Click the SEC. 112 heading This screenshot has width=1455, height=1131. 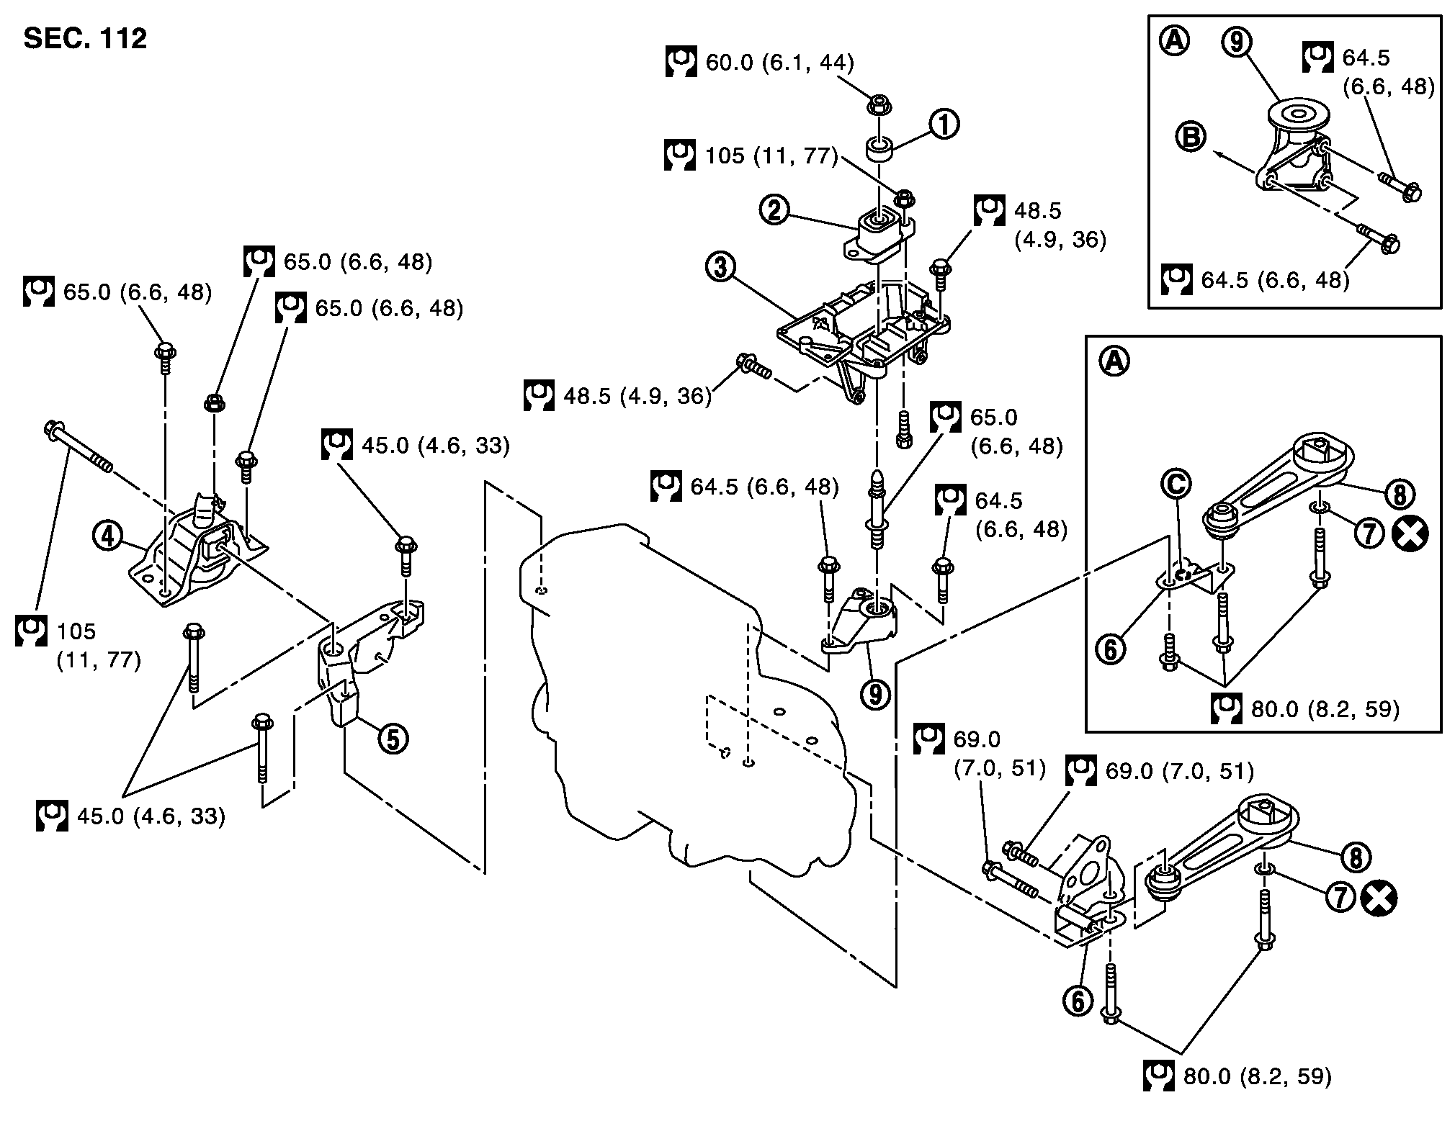click(85, 38)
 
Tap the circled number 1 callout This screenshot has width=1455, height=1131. click(944, 125)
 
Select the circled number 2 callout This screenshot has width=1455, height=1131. click(775, 209)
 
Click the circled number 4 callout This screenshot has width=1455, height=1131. click(107, 536)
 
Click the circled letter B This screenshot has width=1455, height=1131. click(1191, 137)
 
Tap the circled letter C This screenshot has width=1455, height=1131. click(1175, 484)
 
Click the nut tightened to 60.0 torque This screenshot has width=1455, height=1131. click(877, 104)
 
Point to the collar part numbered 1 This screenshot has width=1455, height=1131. click(879, 150)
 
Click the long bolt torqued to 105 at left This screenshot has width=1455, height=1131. click(78, 446)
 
